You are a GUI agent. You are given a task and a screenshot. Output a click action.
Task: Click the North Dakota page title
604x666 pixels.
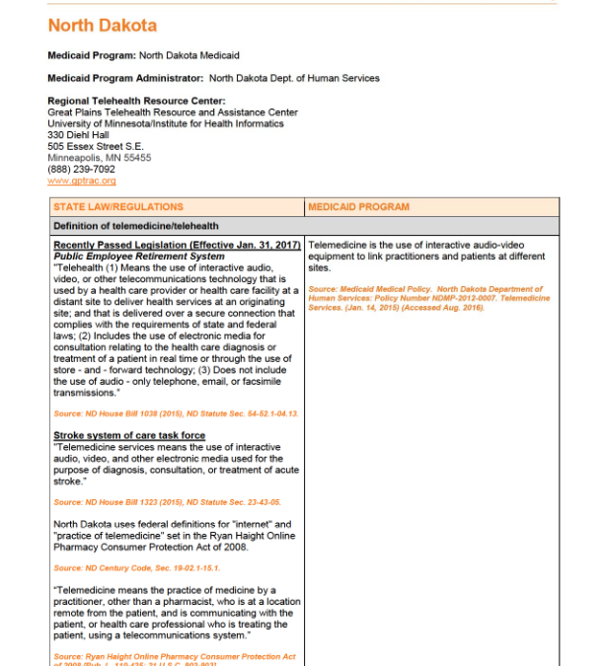102,26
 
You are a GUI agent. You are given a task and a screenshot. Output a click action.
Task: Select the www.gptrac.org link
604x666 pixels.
82,181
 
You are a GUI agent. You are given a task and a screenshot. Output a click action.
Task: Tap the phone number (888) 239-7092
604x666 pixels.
81,169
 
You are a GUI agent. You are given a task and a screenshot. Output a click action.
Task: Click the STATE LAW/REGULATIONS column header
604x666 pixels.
118,207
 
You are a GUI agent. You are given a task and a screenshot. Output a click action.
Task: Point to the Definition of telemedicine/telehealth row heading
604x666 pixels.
136,226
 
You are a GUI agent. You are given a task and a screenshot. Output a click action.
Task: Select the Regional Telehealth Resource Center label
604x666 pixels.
136,101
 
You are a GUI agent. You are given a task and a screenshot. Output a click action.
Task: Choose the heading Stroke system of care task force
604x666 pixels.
129,435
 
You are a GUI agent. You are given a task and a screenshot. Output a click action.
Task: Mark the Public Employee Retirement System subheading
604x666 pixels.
138,256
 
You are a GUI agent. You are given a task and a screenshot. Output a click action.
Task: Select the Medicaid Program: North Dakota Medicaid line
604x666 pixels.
143,55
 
